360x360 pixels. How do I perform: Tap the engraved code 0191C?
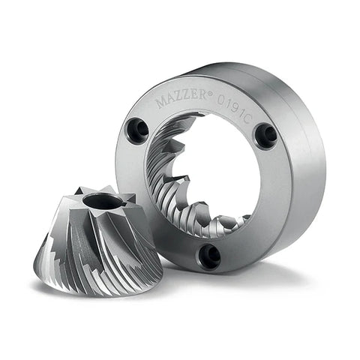click(x=234, y=109)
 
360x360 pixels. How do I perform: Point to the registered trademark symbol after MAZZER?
click(x=210, y=94)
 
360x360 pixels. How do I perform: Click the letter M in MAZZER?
click(x=160, y=103)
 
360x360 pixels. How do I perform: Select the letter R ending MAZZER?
click(x=201, y=96)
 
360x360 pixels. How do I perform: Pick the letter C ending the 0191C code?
click(x=246, y=119)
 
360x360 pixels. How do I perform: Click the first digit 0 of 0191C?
click(x=220, y=100)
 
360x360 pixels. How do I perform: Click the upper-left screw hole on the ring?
click(x=137, y=128)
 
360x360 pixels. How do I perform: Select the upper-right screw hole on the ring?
click(x=266, y=133)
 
